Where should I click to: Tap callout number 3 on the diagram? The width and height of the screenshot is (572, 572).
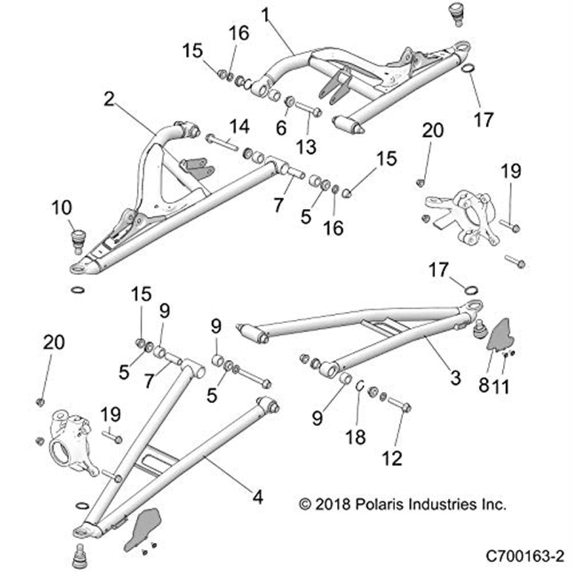pyautogui.click(x=455, y=377)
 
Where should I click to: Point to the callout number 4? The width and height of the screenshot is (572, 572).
pyautogui.click(x=257, y=496)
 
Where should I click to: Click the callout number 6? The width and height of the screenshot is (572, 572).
pyautogui.click(x=281, y=128)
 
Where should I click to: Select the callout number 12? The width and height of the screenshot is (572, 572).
pyautogui.click(x=394, y=457)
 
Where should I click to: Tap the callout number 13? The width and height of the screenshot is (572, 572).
pyautogui.click(x=307, y=146)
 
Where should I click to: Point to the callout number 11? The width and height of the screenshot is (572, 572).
pyautogui.click(x=502, y=386)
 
